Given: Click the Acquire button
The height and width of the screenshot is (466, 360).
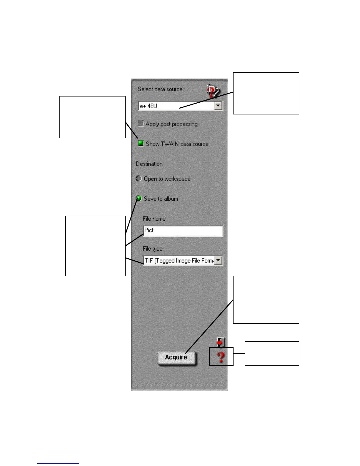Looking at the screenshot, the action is tap(176, 357).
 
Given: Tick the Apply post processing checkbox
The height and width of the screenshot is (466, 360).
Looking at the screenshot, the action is tap(141, 124).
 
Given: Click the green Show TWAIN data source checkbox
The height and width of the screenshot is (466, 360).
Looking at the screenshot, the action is tap(141, 144).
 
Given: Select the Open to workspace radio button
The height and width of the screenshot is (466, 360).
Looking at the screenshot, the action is tap(139, 179).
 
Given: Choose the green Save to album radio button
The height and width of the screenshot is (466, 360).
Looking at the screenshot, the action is tap(139, 199).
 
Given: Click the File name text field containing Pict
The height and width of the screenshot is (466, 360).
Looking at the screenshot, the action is tap(183, 231).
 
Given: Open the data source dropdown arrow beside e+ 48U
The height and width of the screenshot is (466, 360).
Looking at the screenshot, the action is tap(218, 106).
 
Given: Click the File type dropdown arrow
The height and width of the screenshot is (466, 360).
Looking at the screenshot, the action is tap(218, 260).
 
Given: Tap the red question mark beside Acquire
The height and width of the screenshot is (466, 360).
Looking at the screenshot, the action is tap(221, 357).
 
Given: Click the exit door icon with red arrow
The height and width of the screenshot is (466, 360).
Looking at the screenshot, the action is tap(221, 342).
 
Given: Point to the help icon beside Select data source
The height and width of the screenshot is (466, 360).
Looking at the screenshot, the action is tap(213, 91).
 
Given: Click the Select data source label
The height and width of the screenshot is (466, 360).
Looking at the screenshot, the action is tap(161, 89).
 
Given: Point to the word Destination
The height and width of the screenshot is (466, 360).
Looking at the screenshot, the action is tap(149, 164).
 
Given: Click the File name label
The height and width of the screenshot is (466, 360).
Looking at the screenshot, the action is tap(155, 219).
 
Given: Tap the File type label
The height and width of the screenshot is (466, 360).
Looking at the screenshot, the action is tap(153, 249).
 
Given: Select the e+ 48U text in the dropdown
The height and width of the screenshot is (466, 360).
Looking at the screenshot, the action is tap(149, 106).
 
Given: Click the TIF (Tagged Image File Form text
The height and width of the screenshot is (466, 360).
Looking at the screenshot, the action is tap(179, 261).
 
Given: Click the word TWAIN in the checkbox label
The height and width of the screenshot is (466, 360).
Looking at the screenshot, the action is tap(170, 144).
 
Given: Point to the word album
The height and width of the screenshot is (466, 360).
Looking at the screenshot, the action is tap(171, 199).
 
